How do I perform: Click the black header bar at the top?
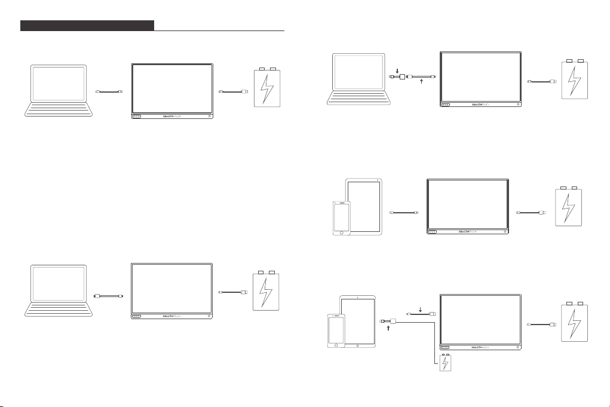coord(87,26)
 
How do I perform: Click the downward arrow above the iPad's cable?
coord(421,310)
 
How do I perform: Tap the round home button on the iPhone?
coord(336,345)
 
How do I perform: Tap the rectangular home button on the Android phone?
coord(342,232)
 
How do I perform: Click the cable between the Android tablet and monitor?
coord(404,212)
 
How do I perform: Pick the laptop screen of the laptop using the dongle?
coord(357,73)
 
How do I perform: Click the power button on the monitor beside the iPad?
coord(517,346)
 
